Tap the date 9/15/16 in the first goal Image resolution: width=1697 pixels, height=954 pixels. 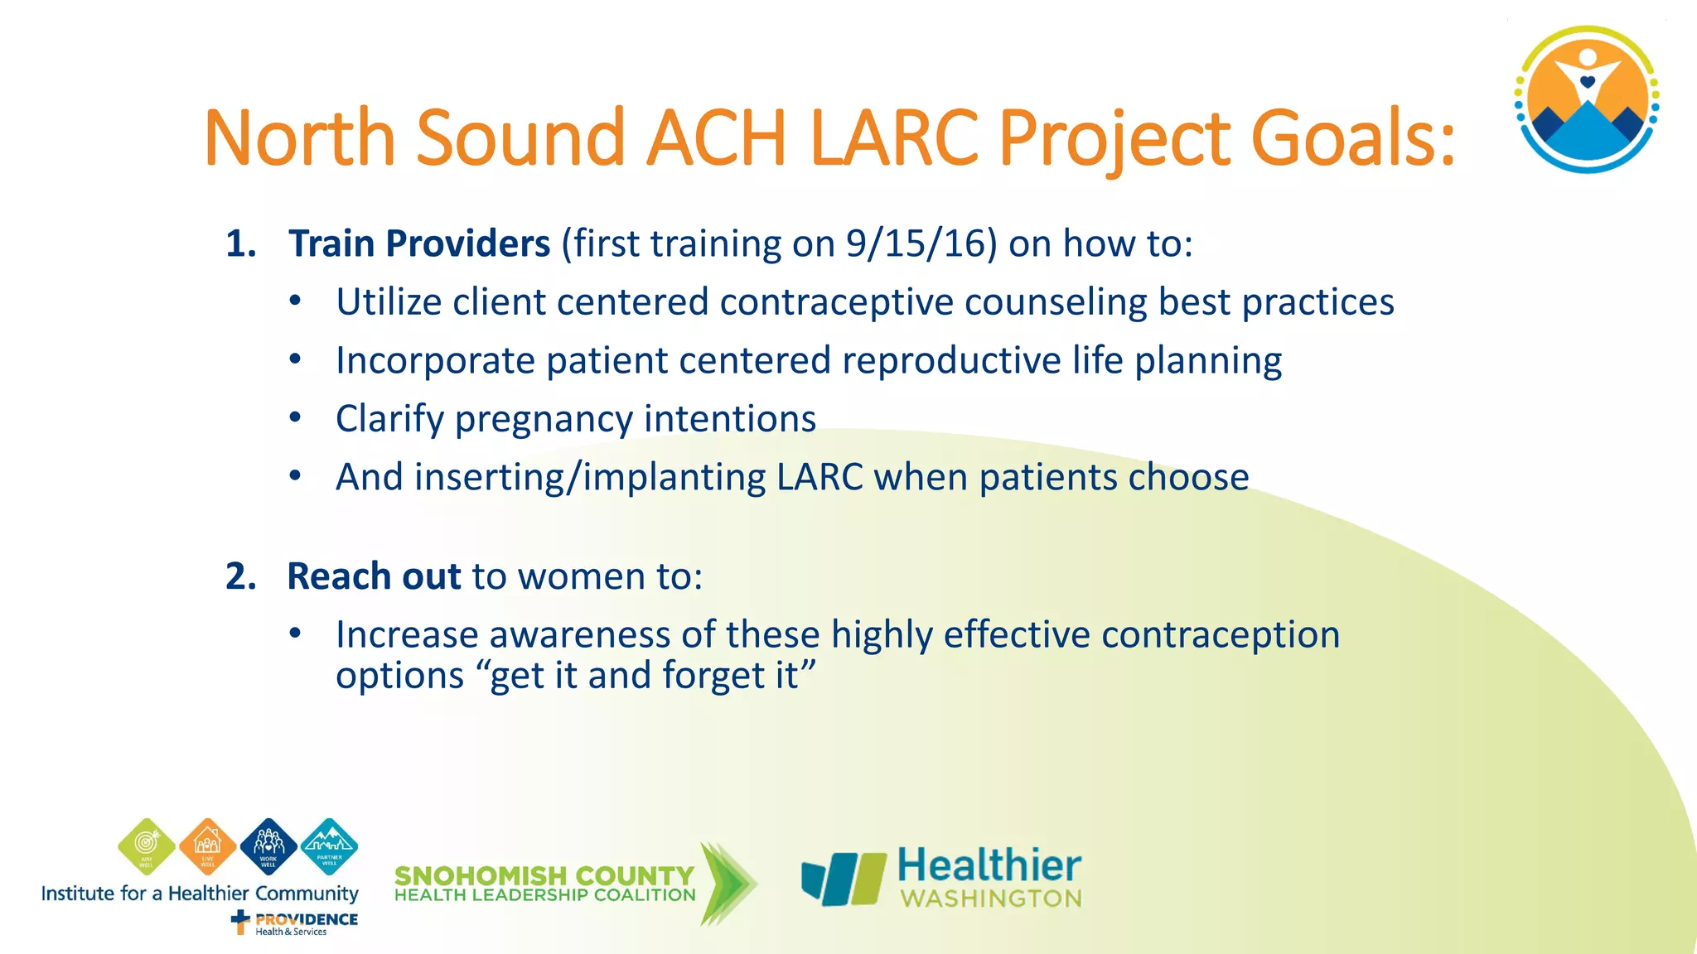921,243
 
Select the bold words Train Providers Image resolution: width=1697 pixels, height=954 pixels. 418,243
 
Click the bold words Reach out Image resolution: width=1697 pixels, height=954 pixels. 373,576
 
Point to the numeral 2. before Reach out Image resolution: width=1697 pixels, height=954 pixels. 240,576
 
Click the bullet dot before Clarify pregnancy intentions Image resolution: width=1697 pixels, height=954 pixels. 295,418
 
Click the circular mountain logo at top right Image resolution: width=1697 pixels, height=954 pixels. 1586,99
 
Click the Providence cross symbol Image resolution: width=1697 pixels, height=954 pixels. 240,921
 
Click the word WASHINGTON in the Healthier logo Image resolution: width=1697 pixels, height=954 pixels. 991,899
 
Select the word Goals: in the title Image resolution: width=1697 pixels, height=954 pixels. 1351,137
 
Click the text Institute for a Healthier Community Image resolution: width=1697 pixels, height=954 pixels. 200,894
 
